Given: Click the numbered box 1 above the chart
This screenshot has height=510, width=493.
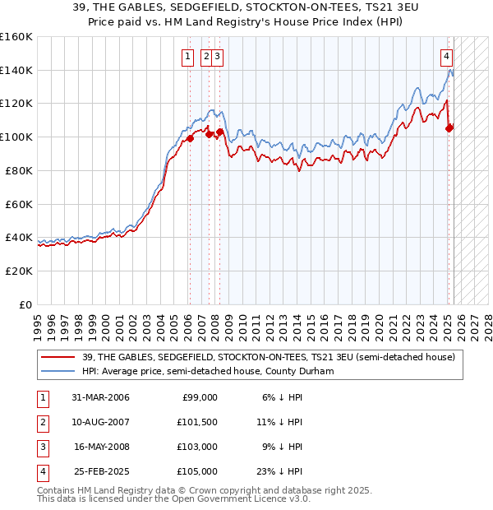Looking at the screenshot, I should tap(188, 57).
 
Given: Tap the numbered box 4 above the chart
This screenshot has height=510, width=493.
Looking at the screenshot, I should tap(446, 57).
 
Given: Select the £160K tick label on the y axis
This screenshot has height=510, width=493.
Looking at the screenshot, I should tap(16, 37).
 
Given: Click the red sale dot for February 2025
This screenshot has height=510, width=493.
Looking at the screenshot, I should tap(449, 128).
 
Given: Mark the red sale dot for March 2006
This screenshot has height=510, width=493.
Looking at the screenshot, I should tap(190, 138).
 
